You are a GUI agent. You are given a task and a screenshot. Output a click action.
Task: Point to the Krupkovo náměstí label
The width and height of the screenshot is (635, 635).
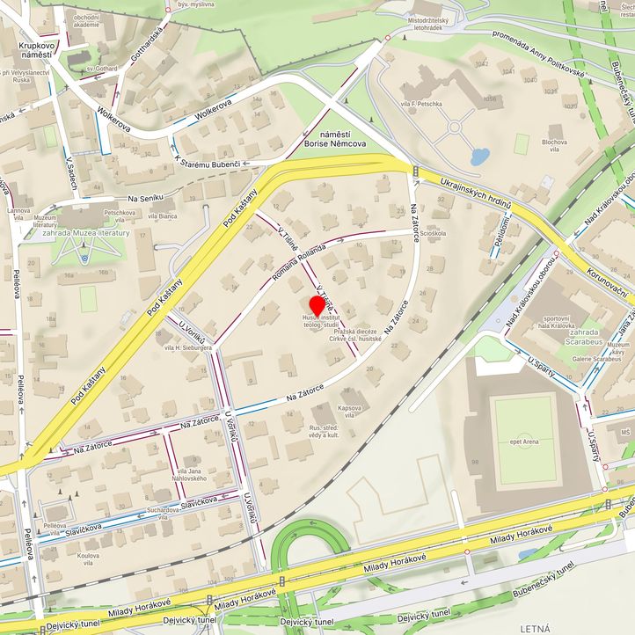click(30, 49)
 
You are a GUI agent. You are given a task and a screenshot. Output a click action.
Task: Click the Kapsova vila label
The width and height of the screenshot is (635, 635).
click(350, 411)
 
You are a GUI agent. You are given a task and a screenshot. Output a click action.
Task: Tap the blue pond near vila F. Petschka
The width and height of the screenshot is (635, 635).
click(479, 157)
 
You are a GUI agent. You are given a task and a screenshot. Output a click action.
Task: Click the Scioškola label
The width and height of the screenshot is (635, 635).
click(434, 234)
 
